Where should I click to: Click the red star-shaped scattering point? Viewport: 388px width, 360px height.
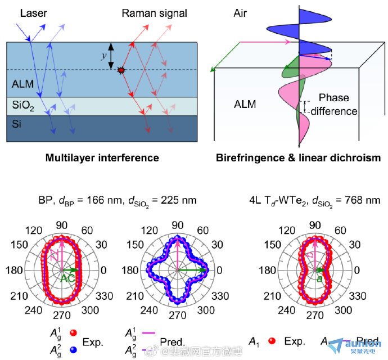pos(121,70)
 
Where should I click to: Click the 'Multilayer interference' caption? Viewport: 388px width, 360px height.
pos(102,158)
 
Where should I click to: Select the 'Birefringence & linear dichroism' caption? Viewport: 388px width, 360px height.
pos(298,158)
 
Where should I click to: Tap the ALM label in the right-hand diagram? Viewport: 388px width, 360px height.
pos(246,104)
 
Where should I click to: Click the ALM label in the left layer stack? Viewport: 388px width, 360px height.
pos(23,84)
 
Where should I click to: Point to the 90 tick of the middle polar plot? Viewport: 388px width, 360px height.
pos(178,226)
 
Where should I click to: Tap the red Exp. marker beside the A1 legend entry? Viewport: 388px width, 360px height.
pos(272,341)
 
